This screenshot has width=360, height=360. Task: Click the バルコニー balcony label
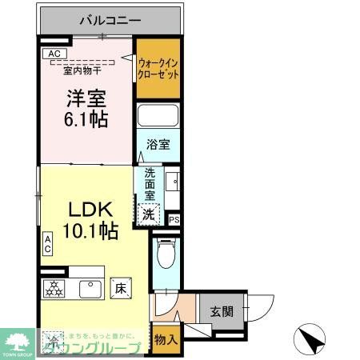point(110,19)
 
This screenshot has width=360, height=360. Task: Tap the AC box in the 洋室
point(54,54)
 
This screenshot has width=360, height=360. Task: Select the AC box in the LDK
point(48,244)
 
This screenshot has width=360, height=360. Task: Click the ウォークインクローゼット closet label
point(157,68)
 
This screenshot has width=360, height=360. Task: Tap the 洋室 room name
point(86,98)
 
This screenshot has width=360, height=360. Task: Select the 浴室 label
point(158,145)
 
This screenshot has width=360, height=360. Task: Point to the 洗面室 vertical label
point(149,184)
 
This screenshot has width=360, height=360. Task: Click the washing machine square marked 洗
point(148,214)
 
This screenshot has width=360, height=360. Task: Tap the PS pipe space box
point(174,218)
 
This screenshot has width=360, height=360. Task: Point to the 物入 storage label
point(166,340)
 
